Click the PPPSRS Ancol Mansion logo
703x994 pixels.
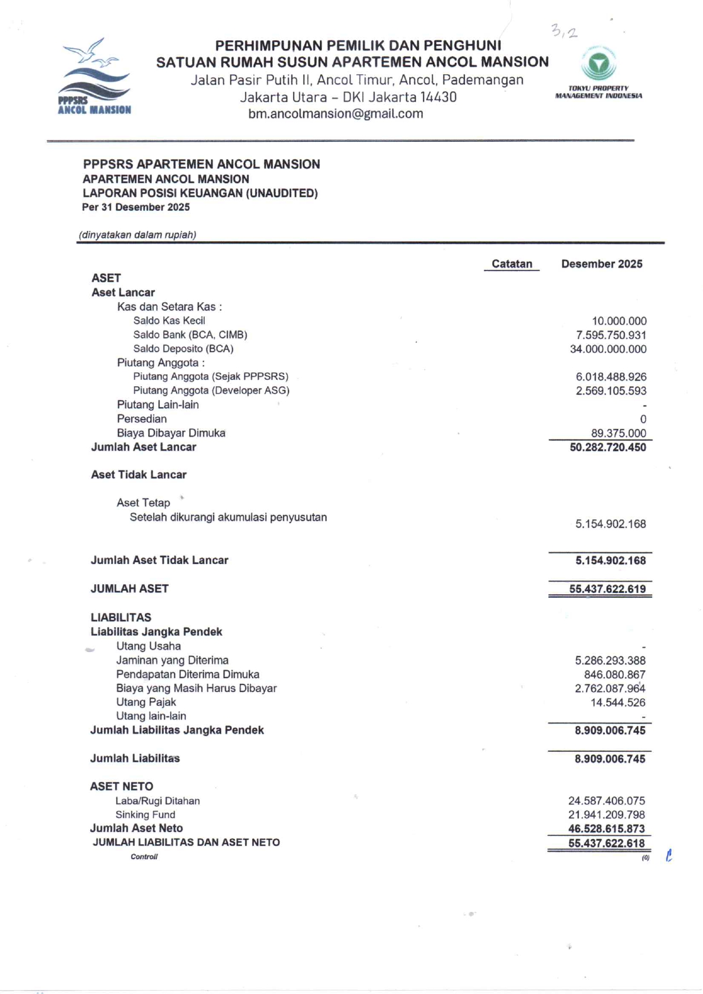94,77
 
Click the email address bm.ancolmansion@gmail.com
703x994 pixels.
336,114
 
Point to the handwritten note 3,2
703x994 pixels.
564,32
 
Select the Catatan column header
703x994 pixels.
511,264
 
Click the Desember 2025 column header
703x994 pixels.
602,264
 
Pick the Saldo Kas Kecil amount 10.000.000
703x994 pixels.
619,322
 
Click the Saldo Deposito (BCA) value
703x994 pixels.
608,349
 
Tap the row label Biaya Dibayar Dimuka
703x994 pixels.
171,433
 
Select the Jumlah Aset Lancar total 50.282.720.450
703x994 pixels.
608,447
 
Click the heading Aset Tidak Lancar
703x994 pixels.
139,475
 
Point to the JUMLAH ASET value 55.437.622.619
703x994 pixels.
607,589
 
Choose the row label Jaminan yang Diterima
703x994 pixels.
172,661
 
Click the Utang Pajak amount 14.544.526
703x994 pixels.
617,703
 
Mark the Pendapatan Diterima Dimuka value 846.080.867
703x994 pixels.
615,675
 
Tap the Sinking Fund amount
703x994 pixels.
607,815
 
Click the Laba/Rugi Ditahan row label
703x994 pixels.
158,801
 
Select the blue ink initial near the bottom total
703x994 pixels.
669,856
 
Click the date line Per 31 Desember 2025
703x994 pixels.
136,208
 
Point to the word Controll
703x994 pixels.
144,857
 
